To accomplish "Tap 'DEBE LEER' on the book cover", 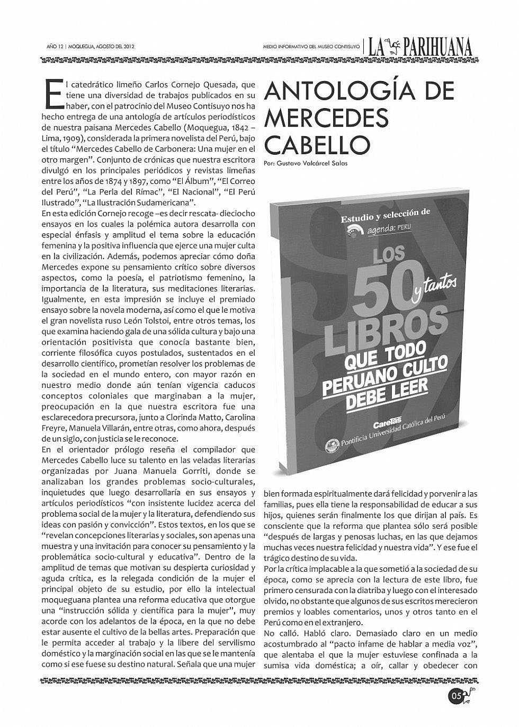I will tap(394, 394).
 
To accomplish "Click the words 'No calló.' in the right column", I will tap(281, 633).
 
